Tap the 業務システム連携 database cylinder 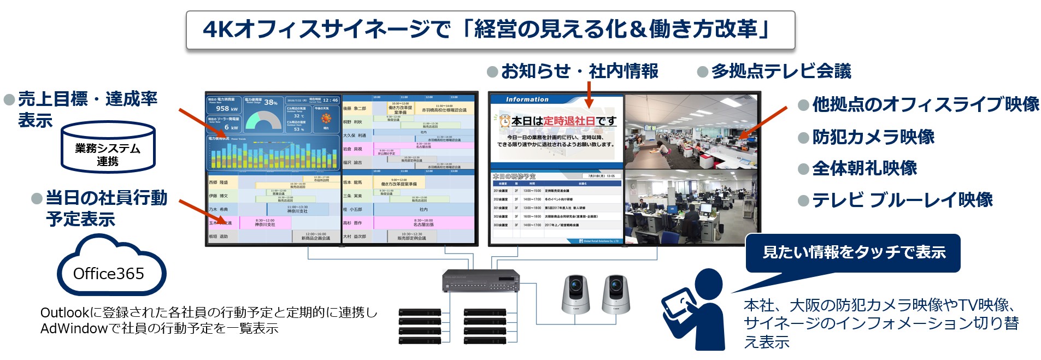[x=108, y=147]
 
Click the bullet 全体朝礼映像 [x=864, y=168]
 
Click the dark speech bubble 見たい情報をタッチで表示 [x=853, y=252]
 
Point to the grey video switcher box [x=480, y=281]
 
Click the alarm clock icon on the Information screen [x=503, y=121]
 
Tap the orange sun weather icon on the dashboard [x=326, y=119]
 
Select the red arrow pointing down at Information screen [x=589, y=96]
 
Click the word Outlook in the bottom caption [x=64, y=313]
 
